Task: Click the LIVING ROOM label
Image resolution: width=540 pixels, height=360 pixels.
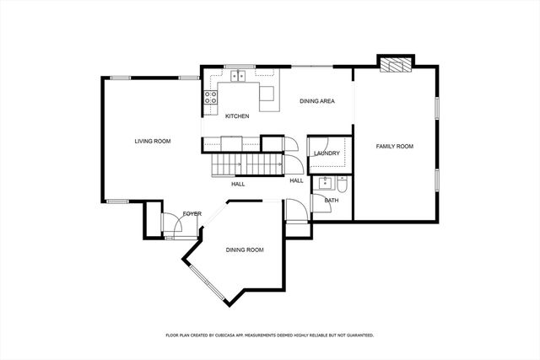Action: tap(153, 141)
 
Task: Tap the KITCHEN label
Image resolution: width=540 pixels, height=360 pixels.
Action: tap(236, 116)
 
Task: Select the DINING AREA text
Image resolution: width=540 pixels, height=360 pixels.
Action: tap(318, 101)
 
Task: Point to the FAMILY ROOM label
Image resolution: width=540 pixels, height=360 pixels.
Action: tap(394, 147)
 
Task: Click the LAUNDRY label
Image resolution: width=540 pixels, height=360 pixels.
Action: tap(326, 153)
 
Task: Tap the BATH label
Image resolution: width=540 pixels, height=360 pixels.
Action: tap(332, 200)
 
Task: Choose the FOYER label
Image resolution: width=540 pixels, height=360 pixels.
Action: tap(192, 213)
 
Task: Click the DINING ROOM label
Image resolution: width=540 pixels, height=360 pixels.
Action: tap(245, 250)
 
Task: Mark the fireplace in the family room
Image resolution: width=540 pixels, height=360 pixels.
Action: tap(395, 64)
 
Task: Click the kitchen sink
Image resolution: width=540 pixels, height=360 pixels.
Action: tap(239, 77)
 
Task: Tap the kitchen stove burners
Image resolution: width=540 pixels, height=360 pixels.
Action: tap(209, 98)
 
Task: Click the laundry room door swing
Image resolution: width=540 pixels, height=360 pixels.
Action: tap(292, 144)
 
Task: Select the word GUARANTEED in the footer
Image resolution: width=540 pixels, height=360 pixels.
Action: tap(357, 335)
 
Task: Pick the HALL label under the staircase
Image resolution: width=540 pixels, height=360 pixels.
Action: tap(238, 183)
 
